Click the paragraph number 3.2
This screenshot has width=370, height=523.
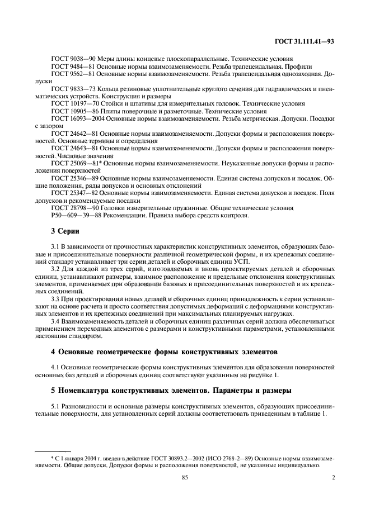pos(55,269)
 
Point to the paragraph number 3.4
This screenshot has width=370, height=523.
pos(55,321)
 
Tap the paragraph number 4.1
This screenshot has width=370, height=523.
pos(55,367)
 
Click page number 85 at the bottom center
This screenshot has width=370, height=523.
pos(185,477)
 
